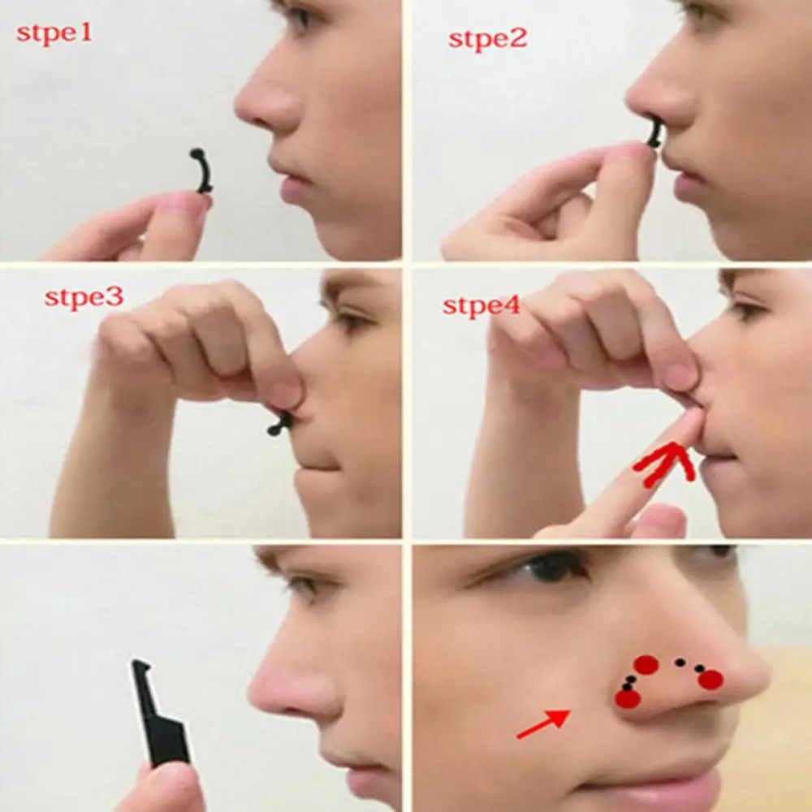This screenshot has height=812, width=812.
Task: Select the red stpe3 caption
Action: (84, 297)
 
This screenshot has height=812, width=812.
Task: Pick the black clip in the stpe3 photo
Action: (281, 423)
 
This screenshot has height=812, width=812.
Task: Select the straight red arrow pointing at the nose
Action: (542, 723)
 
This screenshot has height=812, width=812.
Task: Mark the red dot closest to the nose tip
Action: (710, 680)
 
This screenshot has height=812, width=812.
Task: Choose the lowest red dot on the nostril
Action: (627, 698)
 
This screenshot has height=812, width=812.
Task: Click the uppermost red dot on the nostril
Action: (646, 664)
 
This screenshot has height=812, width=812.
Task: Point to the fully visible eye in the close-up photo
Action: (552, 567)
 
